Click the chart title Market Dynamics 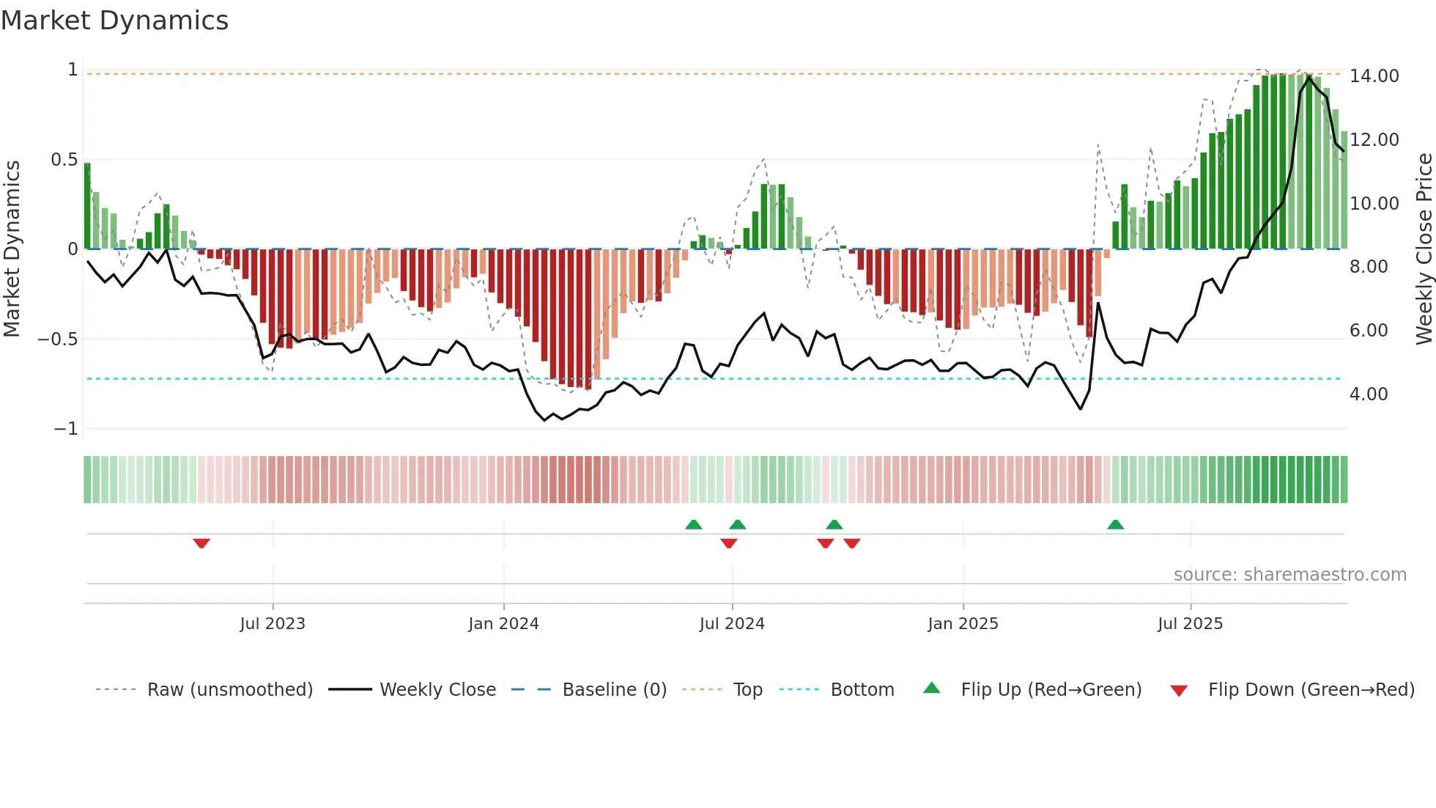[114, 21]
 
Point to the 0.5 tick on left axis [64, 160]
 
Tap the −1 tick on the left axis [65, 429]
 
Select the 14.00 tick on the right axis [1374, 76]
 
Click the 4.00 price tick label [1368, 394]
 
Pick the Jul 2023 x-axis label [272, 624]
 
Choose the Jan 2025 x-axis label [962, 624]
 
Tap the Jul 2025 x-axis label [1190, 624]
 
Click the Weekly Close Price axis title [1423, 249]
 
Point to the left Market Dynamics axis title [12, 249]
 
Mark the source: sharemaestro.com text [1289, 575]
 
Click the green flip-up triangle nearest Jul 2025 [1115, 525]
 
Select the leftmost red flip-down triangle [201, 543]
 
